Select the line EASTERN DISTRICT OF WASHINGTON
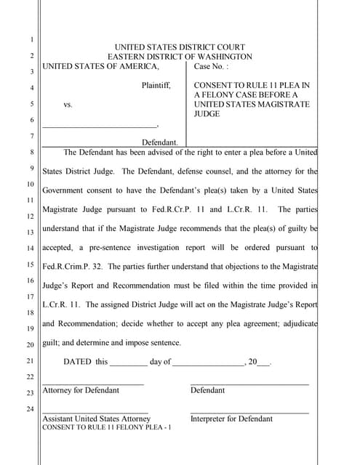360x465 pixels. [x=180, y=57]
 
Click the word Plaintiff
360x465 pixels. [x=156, y=86]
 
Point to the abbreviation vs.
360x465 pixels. [x=68, y=105]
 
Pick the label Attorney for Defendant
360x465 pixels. [x=81, y=390]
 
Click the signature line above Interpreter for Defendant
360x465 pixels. [x=249, y=412]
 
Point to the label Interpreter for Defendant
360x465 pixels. [x=231, y=418]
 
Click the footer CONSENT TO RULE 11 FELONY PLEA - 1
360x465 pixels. [x=107, y=427]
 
